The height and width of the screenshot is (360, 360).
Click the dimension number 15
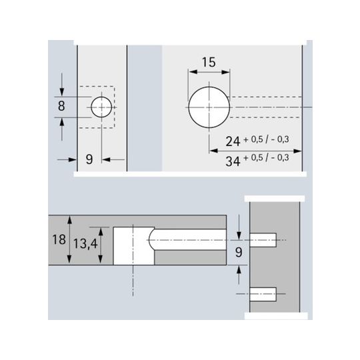click(209, 62)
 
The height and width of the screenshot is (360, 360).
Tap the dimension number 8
click(61, 106)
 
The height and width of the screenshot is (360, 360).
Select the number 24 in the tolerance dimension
click(233, 141)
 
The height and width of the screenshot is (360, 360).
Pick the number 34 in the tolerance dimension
click(233, 161)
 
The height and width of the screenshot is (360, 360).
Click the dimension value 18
click(59, 239)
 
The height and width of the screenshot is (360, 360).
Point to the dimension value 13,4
click(85, 244)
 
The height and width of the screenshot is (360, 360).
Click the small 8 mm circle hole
click(101, 107)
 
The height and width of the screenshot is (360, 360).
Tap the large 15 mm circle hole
click(209, 107)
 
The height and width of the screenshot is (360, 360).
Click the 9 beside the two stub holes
click(239, 252)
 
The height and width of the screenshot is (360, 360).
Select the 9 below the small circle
click(89, 159)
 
